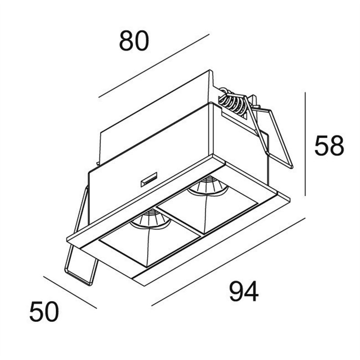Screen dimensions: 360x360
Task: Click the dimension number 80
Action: point(134,41)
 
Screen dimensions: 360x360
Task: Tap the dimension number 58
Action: point(329,145)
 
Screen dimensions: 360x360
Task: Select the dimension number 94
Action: point(244,292)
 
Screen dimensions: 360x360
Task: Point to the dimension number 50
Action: point(44,312)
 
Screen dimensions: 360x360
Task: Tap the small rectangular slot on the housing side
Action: point(149,179)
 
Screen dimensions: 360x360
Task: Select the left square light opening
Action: point(149,237)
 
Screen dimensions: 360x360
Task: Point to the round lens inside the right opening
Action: point(208,186)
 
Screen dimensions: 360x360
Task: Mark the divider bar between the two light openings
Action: point(178,221)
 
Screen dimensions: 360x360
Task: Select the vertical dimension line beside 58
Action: point(305,144)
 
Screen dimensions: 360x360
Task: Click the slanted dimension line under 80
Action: point(154,66)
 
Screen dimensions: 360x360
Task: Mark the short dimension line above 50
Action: point(70,292)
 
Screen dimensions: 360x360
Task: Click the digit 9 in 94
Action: point(237,292)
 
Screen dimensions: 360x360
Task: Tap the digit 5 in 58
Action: point(322,145)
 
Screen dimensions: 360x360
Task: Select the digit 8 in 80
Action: point(126,41)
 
